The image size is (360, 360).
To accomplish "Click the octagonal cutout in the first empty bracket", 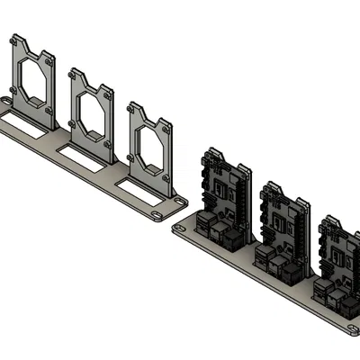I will click(x=34, y=80).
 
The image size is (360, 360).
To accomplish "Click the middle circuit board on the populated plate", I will click(x=283, y=220).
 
